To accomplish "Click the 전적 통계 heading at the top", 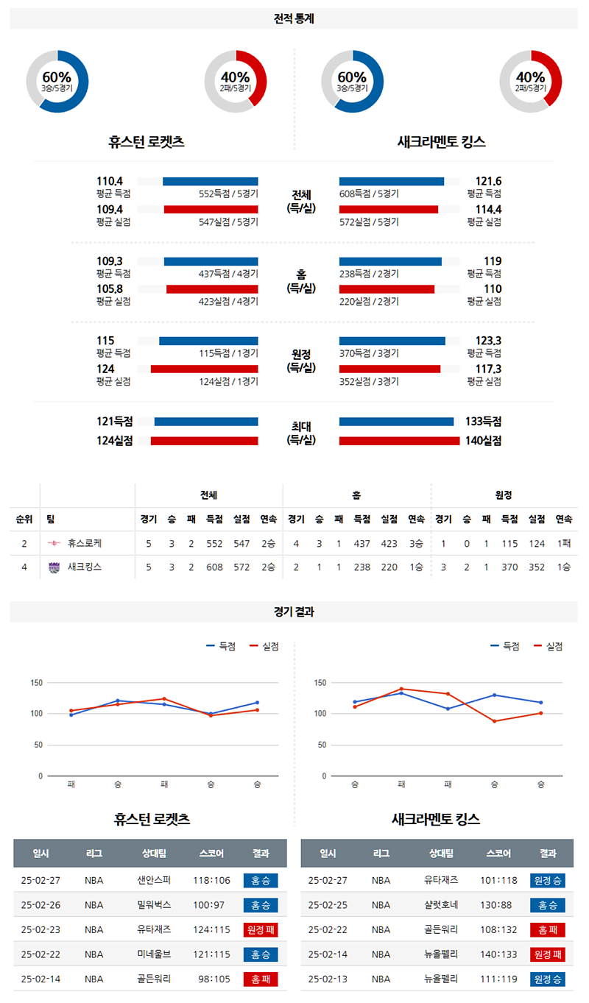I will pyautogui.click(x=294, y=19).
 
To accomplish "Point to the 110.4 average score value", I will pyautogui.click(x=110, y=181).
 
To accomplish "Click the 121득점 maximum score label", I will pyautogui.click(x=114, y=422).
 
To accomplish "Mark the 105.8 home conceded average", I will pyautogui.click(x=110, y=288).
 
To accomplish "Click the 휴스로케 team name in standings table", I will pyautogui.click(x=84, y=543).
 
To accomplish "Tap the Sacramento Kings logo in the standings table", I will pyautogui.click(x=54, y=567).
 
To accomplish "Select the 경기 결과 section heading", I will pyautogui.click(x=294, y=612).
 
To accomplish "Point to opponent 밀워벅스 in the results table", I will pyautogui.click(x=153, y=905).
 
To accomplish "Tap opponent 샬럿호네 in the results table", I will pyautogui.click(x=440, y=905).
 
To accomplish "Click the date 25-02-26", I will pyautogui.click(x=40, y=905).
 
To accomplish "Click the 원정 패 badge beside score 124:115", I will pyautogui.click(x=260, y=930).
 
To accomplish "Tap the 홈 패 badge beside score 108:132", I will pyautogui.click(x=547, y=930).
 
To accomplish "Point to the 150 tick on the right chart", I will pyautogui.click(x=319, y=683).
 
